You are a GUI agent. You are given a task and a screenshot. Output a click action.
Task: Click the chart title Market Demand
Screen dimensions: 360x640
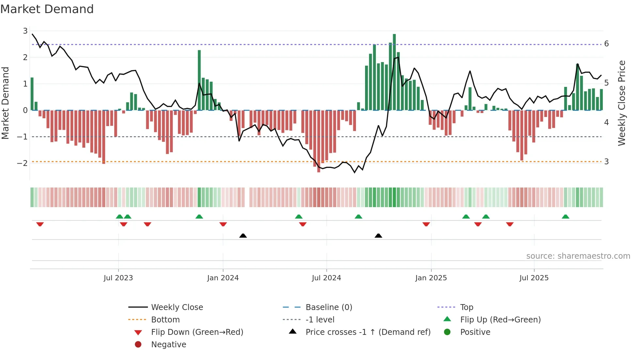[47, 9]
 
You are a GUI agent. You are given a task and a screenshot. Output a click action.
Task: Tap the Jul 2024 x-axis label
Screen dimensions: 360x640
[326, 278]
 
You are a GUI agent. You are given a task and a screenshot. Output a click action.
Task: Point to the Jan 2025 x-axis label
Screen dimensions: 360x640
[431, 278]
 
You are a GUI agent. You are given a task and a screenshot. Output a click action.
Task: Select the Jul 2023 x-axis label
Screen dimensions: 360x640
[118, 278]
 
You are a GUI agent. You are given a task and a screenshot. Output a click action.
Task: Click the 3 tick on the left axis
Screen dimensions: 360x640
[25, 31]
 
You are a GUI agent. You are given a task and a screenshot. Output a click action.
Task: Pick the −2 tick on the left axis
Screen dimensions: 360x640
[22, 163]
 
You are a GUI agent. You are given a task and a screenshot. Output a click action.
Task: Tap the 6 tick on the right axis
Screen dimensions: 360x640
[606, 44]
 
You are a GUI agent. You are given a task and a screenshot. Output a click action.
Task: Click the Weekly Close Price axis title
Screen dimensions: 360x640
[622, 103]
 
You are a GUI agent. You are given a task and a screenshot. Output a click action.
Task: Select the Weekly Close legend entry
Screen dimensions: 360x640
[177, 307]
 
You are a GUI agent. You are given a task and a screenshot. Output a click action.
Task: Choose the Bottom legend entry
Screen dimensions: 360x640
[165, 320]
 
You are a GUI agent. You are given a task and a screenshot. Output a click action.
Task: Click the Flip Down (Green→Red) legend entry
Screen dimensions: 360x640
[197, 332]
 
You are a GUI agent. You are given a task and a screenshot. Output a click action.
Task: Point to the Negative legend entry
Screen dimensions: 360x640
[168, 345]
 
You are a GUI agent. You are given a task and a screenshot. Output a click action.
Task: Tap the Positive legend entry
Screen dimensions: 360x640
[475, 332]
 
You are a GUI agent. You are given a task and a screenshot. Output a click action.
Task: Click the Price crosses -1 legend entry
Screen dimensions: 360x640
[368, 332]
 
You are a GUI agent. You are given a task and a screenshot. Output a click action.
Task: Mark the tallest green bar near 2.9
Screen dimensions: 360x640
[394, 72]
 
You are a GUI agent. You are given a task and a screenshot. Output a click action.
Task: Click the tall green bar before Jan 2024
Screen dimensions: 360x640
[199, 80]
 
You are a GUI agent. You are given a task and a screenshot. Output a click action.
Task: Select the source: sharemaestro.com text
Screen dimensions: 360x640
[578, 256]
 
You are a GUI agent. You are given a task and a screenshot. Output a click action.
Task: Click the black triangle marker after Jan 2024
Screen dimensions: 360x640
[243, 236]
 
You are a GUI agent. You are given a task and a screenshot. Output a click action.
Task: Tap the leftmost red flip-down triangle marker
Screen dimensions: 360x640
[40, 224]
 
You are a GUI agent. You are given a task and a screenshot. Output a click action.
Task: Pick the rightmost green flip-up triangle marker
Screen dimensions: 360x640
[566, 217]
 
